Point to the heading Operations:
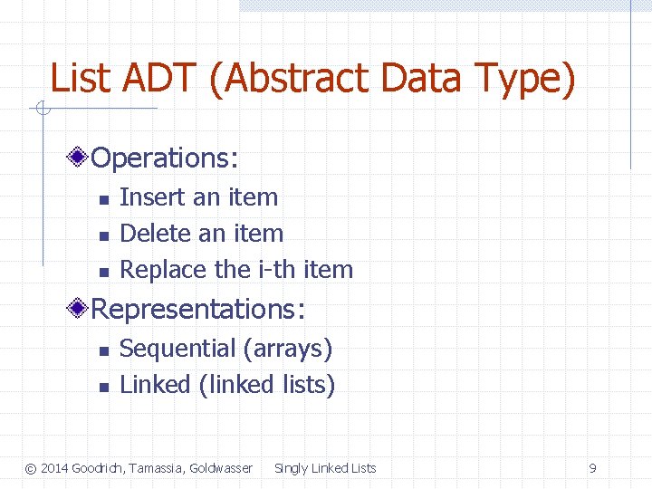(165, 158)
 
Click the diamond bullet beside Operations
(80, 158)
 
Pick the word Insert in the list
(147, 197)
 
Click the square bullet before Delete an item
(103, 235)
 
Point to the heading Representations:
(198, 310)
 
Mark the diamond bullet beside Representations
(80, 310)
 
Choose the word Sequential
(177, 349)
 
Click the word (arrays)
(287, 349)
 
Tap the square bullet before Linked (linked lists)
(103, 387)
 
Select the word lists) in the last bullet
(308, 385)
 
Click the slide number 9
(592, 468)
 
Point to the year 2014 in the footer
(54, 468)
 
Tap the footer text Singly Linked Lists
(325, 468)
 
